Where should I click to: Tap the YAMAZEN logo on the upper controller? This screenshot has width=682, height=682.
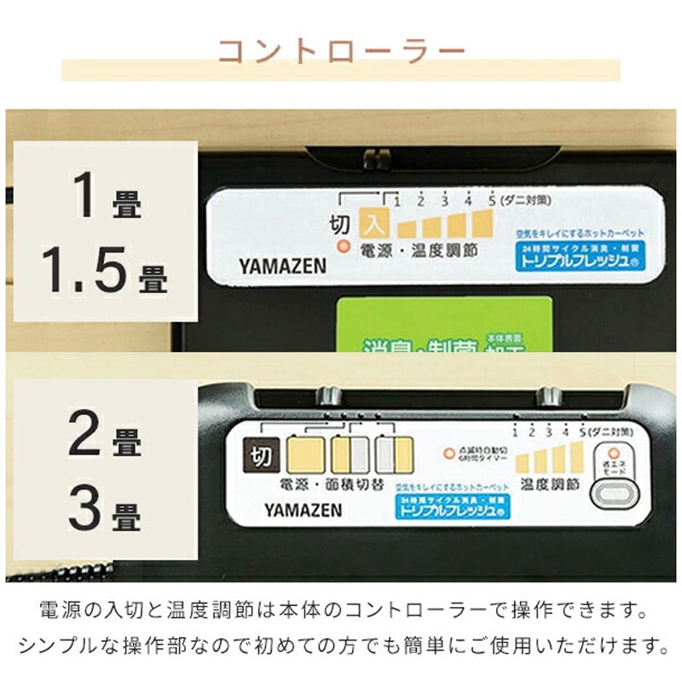pyautogui.click(x=281, y=266)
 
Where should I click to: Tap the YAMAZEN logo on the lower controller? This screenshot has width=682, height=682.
pyautogui.click(x=302, y=510)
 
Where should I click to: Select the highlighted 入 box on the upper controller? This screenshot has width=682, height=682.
pyautogui.click(x=372, y=226)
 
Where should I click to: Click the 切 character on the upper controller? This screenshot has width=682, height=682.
pyautogui.click(x=340, y=226)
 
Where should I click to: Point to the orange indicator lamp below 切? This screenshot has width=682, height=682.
pyautogui.click(x=343, y=247)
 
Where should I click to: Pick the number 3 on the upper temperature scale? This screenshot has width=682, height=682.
pyautogui.click(x=444, y=202)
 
